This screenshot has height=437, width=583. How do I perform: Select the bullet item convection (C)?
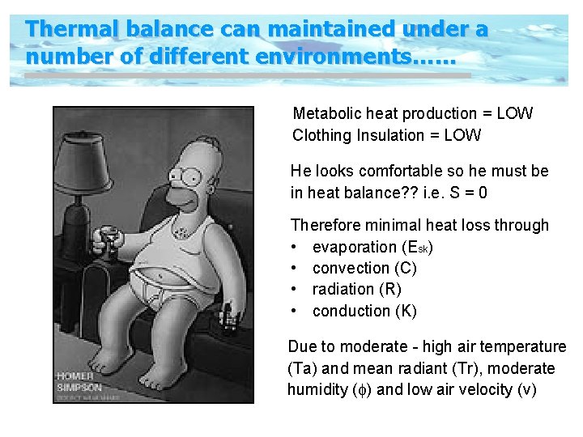364,268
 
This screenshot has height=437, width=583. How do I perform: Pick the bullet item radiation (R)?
356,289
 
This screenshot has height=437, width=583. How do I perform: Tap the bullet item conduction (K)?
364,311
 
